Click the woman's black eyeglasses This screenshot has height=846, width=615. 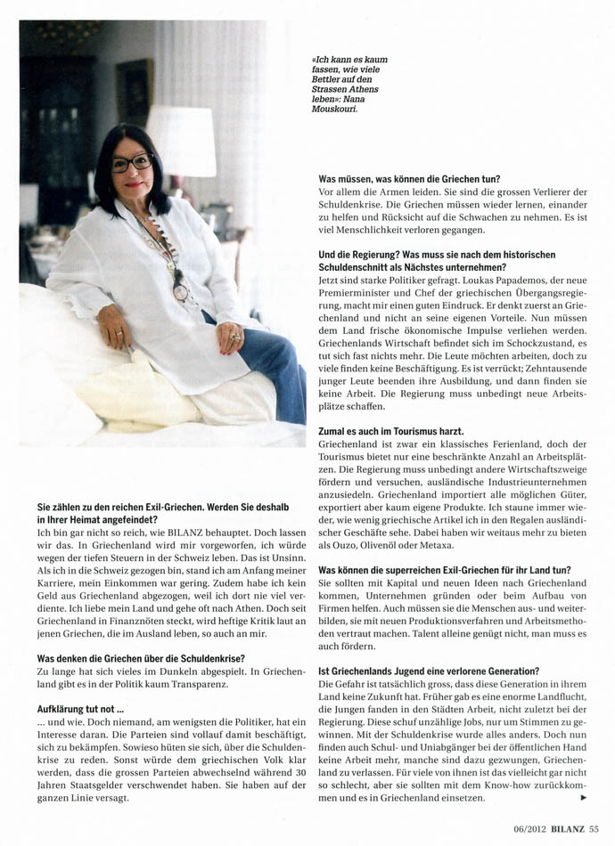[132, 164]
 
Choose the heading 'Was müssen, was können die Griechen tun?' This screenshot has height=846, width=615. [409, 179]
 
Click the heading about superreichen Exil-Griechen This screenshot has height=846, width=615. [445, 569]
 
